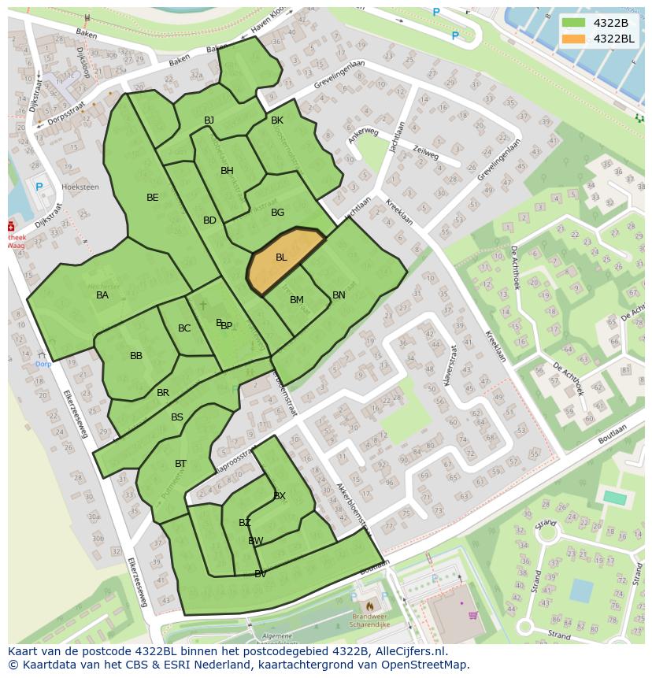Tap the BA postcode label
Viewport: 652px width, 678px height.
pyautogui.click(x=102, y=295)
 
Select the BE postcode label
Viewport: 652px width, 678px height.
pyautogui.click(x=153, y=198)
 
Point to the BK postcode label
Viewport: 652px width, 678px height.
pyautogui.click(x=277, y=120)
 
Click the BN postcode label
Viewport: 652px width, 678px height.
pyautogui.click(x=339, y=295)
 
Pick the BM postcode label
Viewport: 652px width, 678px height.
pyautogui.click(x=297, y=300)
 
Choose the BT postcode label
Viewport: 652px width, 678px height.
pyautogui.click(x=181, y=464)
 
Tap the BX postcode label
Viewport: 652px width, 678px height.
pyautogui.click(x=280, y=495)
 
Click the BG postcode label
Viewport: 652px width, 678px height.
pyautogui.click(x=277, y=213)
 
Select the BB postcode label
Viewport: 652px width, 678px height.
pyautogui.click(x=136, y=356)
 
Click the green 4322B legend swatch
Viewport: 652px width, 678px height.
pyautogui.click(x=574, y=23)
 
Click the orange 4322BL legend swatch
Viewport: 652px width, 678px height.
pyautogui.click(x=574, y=39)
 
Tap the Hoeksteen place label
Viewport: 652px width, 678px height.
pyautogui.click(x=80, y=187)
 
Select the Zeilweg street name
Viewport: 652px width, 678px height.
pyautogui.click(x=425, y=152)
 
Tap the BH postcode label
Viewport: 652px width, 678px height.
pyautogui.click(x=227, y=171)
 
